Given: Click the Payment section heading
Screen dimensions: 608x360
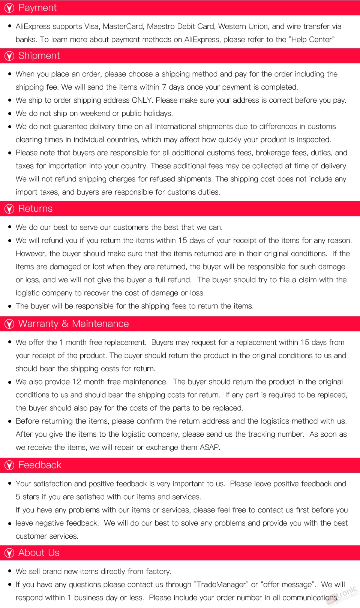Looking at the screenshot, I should pyautogui.click(x=37, y=8).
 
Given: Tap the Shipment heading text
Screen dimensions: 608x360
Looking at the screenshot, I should pyautogui.click(x=39, y=56).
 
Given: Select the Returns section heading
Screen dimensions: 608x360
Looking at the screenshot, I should pyautogui.click(x=36, y=209).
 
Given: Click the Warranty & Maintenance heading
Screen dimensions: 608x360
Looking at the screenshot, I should pyautogui.click(x=73, y=324).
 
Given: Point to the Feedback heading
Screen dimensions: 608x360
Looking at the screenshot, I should pyautogui.click(x=40, y=465).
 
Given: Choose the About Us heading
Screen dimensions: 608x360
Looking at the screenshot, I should pyautogui.click(x=39, y=553).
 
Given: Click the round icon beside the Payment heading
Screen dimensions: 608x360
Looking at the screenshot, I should pyautogui.click(x=9, y=8).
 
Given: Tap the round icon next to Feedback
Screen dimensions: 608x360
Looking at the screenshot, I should pyautogui.click(x=9, y=466).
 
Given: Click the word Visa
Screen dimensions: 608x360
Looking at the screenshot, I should pyautogui.click(x=91, y=26).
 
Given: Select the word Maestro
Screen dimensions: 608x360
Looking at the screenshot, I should pyautogui.click(x=160, y=26).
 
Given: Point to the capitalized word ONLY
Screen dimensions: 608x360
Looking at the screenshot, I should pyautogui.click(x=141, y=100).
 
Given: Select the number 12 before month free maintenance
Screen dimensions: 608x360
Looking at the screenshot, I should pyautogui.click(x=76, y=382).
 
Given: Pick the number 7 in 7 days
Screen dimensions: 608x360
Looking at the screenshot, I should pyautogui.click(x=164, y=87).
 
